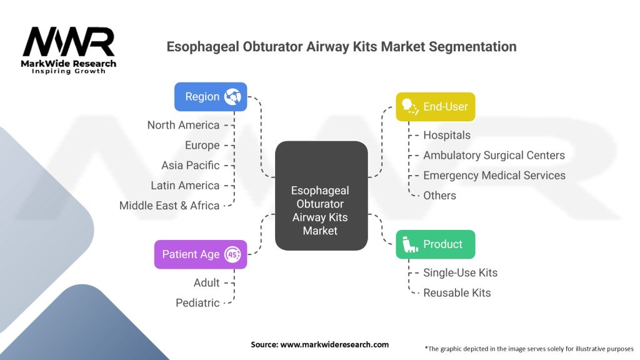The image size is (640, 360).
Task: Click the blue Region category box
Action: (211, 97)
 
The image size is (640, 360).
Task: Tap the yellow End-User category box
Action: (436, 106)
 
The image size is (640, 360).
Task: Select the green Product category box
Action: (436, 244)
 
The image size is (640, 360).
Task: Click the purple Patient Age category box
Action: (201, 254)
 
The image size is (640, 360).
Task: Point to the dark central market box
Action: (321, 196)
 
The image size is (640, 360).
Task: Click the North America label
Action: (183, 125)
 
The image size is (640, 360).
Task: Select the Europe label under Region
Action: (202, 145)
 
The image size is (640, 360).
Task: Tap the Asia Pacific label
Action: (190, 165)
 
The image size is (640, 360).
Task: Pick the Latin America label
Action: (185, 185)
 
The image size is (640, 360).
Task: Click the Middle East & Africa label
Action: (169, 205)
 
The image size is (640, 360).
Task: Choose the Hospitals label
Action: (447, 135)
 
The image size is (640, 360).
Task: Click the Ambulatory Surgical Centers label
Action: (494, 155)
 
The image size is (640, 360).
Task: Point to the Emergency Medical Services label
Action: (494, 175)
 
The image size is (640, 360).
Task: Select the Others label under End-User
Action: (439, 196)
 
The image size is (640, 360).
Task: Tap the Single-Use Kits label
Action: (461, 272)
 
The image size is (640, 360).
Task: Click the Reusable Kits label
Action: (457, 292)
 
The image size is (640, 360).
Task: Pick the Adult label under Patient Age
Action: (206, 282)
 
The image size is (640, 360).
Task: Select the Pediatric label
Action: (197, 303)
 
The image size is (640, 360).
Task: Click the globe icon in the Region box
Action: (232, 97)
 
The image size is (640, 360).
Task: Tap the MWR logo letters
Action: (69, 42)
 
